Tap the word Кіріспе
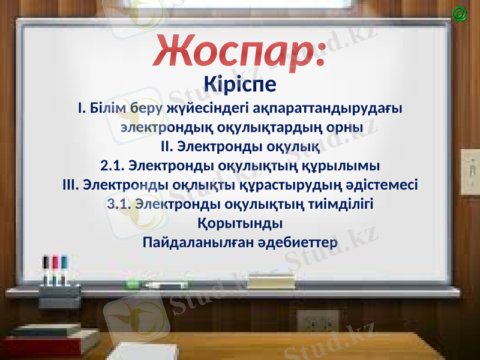click(x=240, y=84)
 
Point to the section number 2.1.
click(x=112, y=165)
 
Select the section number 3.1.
click(x=119, y=203)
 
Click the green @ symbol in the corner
click(x=460, y=14)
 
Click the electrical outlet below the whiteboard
click(x=317, y=324)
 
